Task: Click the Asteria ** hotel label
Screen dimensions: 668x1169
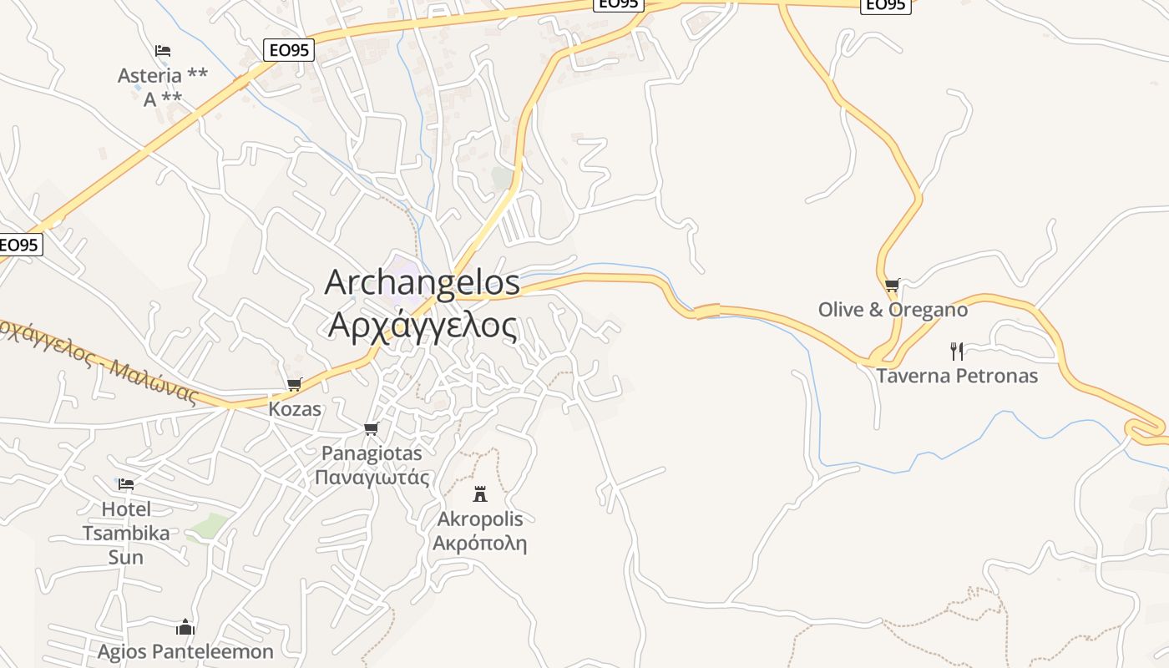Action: (x=163, y=76)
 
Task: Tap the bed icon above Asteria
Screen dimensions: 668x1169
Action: (x=163, y=51)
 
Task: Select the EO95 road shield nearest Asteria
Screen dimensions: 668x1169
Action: (x=289, y=50)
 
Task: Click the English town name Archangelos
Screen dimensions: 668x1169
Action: (x=422, y=282)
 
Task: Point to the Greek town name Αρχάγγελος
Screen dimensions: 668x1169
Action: (x=423, y=325)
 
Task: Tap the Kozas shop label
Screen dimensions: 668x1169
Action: (x=295, y=409)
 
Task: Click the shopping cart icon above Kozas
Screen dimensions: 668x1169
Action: (x=294, y=385)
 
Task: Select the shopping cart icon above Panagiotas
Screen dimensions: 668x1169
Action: (x=372, y=429)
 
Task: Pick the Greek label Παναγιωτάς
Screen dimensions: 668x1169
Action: (x=372, y=478)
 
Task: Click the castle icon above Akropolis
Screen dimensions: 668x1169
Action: (x=480, y=494)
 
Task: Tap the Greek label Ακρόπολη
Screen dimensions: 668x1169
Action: (x=480, y=544)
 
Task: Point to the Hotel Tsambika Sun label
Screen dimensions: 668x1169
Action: (x=126, y=533)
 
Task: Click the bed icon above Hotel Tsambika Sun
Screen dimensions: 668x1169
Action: (x=126, y=484)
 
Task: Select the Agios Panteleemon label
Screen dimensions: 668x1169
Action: (x=185, y=651)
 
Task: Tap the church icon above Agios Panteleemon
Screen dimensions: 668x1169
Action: (x=185, y=627)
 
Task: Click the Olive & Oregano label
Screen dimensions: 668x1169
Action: (x=893, y=310)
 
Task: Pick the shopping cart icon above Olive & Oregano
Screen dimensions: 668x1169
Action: (x=893, y=286)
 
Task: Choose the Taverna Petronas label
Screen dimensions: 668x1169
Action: (x=957, y=376)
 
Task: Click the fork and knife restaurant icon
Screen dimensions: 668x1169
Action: (x=957, y=352)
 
